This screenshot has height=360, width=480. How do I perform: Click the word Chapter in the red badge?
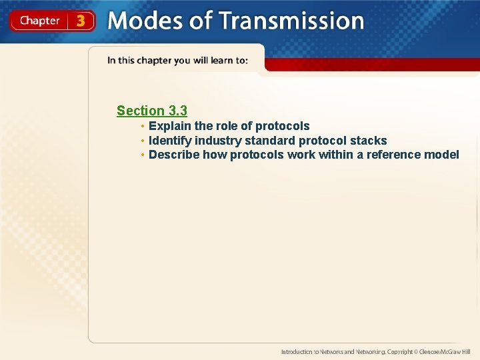(x=39, y=21)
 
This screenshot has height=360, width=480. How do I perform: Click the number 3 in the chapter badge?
(x=81, y=21)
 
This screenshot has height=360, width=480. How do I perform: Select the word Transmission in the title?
(x=291, y=21)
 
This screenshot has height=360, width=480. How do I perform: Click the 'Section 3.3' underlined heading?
(x=151, y=111)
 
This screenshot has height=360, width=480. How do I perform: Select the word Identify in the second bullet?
(x=170, y=141)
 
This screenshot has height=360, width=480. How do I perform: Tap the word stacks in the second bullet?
(x=368, y=141)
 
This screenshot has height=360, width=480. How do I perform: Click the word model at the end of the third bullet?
(x=442, y=155)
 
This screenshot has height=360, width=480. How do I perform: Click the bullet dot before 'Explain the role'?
(x=143, y=126)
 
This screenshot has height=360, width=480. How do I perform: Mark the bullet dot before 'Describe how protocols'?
(x=143, y=155)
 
